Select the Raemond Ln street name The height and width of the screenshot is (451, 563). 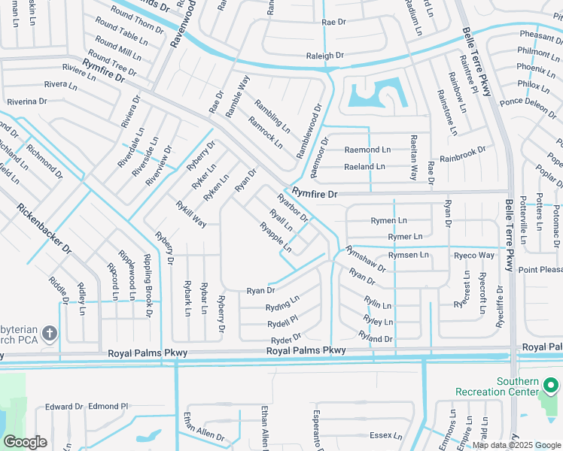(367, 150)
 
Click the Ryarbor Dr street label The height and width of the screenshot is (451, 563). (293, 208)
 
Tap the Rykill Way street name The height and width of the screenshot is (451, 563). (191, 213)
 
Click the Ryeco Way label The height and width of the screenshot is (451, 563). (473, 256)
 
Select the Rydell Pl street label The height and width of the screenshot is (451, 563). (282, 323)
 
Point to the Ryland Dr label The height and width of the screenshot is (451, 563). (376, 339)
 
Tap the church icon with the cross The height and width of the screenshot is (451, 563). (50, 333)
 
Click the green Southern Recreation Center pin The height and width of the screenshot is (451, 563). (550, 386)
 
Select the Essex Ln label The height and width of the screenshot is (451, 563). (387, 435)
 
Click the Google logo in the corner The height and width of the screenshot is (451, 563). (25, 442)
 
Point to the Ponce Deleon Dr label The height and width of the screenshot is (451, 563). (528, 104)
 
